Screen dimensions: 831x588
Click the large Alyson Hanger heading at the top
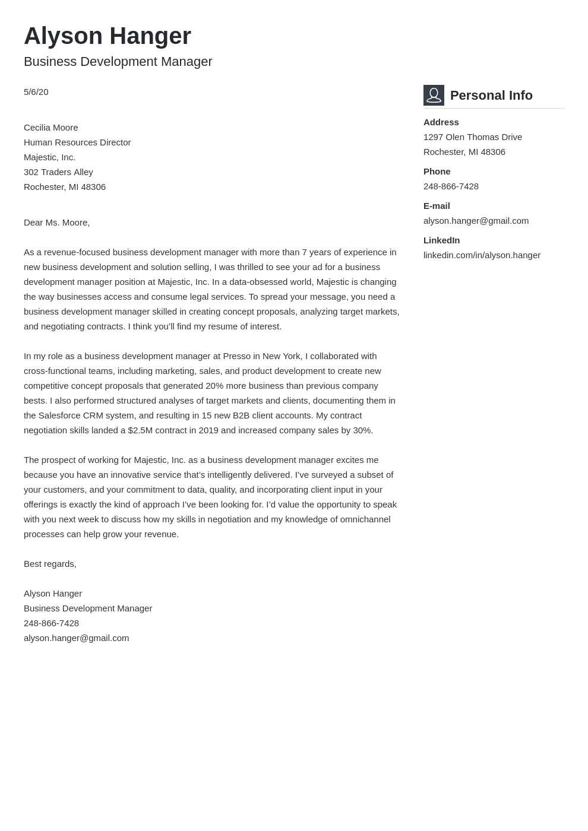108,36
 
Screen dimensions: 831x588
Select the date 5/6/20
36,92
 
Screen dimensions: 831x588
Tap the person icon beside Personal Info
434,95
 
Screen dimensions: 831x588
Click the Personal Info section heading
491,96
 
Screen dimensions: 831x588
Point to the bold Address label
441,122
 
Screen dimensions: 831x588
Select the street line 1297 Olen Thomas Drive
472,137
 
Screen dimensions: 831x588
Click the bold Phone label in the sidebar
437,172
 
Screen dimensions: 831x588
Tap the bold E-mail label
437,206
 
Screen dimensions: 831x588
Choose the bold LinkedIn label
441,240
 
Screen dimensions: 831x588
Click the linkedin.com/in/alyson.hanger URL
482,255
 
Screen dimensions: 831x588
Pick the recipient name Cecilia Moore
50,128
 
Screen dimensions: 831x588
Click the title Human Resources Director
77,142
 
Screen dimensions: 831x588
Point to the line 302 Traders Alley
58,172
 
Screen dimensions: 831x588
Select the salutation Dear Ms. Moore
56,223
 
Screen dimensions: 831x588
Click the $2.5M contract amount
140,430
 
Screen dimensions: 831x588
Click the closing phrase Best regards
50,564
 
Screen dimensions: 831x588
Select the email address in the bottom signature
76,638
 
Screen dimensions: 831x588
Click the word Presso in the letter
236,356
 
